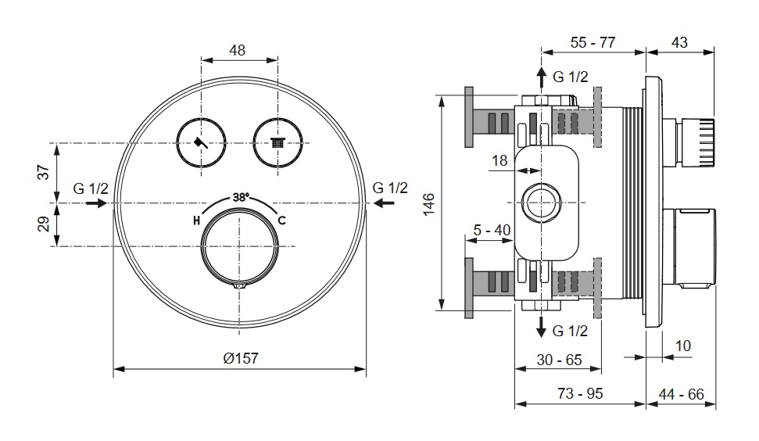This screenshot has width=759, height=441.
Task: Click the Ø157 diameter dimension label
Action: click(241, 358)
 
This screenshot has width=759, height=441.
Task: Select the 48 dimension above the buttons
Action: click(237, 50)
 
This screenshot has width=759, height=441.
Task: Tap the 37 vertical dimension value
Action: click(44, 172)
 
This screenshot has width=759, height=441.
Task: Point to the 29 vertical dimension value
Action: click(44, 224)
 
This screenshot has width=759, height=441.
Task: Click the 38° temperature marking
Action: click(241, 197)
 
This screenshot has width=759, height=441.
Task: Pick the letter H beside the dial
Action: click(196, 221)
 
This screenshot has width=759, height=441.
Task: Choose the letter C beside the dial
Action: click(281, 220)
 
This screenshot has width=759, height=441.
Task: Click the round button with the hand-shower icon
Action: click(201, 143)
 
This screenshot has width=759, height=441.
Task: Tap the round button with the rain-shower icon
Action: click(277, 143)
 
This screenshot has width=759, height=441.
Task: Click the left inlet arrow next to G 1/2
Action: click(97, 203)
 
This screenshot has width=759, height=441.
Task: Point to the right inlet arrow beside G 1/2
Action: click(385, 203)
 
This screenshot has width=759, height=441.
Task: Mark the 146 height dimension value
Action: click(429, 204)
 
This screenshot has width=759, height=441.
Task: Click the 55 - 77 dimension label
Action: click(593, 42)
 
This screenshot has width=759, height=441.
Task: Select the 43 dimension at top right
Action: click(679, 42)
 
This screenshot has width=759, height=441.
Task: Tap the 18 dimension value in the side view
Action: click(499, 160)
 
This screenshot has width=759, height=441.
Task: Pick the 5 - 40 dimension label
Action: click(492, 230)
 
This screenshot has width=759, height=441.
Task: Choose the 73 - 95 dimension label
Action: click(580, 393)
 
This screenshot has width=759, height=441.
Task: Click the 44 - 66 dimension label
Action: click(681, 394)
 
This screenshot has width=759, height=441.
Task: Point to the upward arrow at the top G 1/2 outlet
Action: click(541, 77)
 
